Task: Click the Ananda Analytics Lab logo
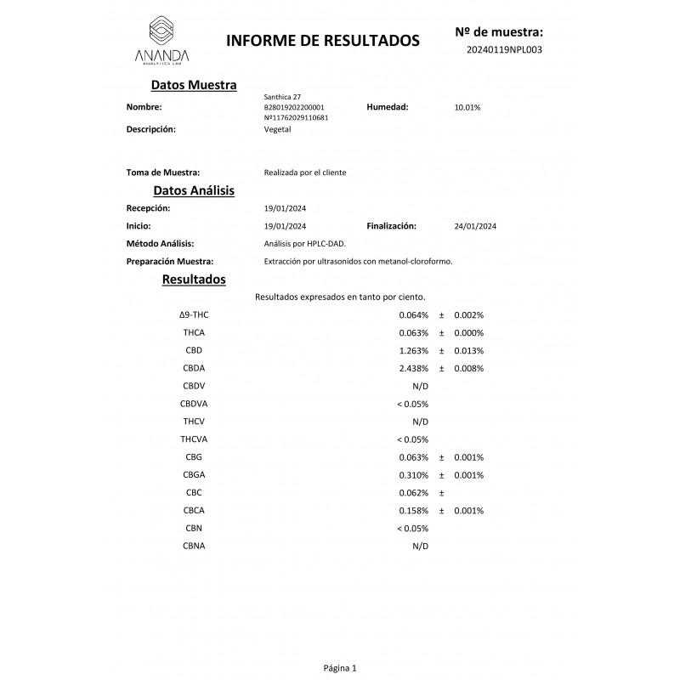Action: pyautogui.click(x=161, y=40)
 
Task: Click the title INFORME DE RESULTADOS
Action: pyautogui.click(x=322, y=40)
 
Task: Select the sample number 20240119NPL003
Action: pyautogui.click(x=504, y=49)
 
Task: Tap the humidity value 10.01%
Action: pyautogui.click(x=467, y=108)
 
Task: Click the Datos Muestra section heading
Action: pyautogui.click(x=193, y=85)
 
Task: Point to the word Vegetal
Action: pyautogui.click(x=278, y=129)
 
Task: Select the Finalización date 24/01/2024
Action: pyautogui.click(x=475, y=227)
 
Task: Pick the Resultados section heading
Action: pyautogui.click(x=193, y=279)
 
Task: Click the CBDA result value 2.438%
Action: pyautogui.click(x=414, y=368)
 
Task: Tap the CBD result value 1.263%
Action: pyautogui.click(x=414, y=350)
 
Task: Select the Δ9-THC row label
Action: pyautogui.click(x=194, y=314)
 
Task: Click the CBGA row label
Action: pyautogui.click(x=194, y=475)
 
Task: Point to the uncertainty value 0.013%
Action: pyautogui.click(x=468, y=350)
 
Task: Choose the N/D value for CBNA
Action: pyautogui.click(x=420, y=547)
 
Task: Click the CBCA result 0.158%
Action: pyautogui.click(x=414, y=511)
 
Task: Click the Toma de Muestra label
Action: pyautogui.click(x=163, y=173)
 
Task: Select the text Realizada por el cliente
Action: pyautogui.click(x=305, y=173)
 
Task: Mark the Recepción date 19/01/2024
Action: pyautogui.click(x=286, y=208)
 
